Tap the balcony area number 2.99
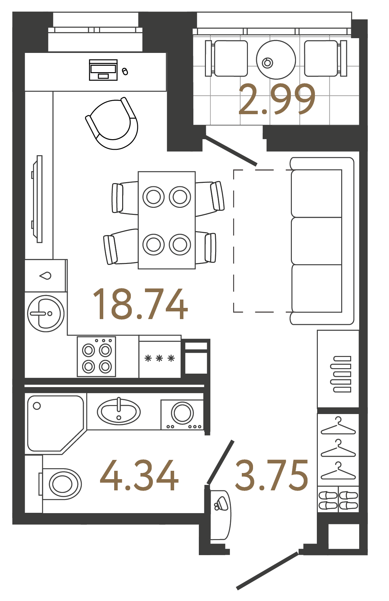pyautogui.click(x=277, y=99)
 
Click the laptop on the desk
pyautogui.click(x=103, y=70)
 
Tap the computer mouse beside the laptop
pyautogui.click(x=125, y=71)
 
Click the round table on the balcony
pyautogui.click(x=276, y=60)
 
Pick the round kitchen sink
pyautogui.click(x=46, y=313)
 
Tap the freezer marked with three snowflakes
pyautogui.click(x=160, y=359)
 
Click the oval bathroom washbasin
pyautogui.click(x=119, y=411)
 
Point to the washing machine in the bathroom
pyautogui.click(x=182, y=414)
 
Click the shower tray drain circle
pyautogui.click(x=37, y=406)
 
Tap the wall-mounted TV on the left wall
pyautogui.click(x=39, y=199)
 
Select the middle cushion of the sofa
pyautogui.click(x=317, y=241)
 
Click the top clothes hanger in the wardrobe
pyautogui.click(x=338, y=426)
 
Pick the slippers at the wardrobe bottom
pyautogui.click(x=338, y=500)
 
